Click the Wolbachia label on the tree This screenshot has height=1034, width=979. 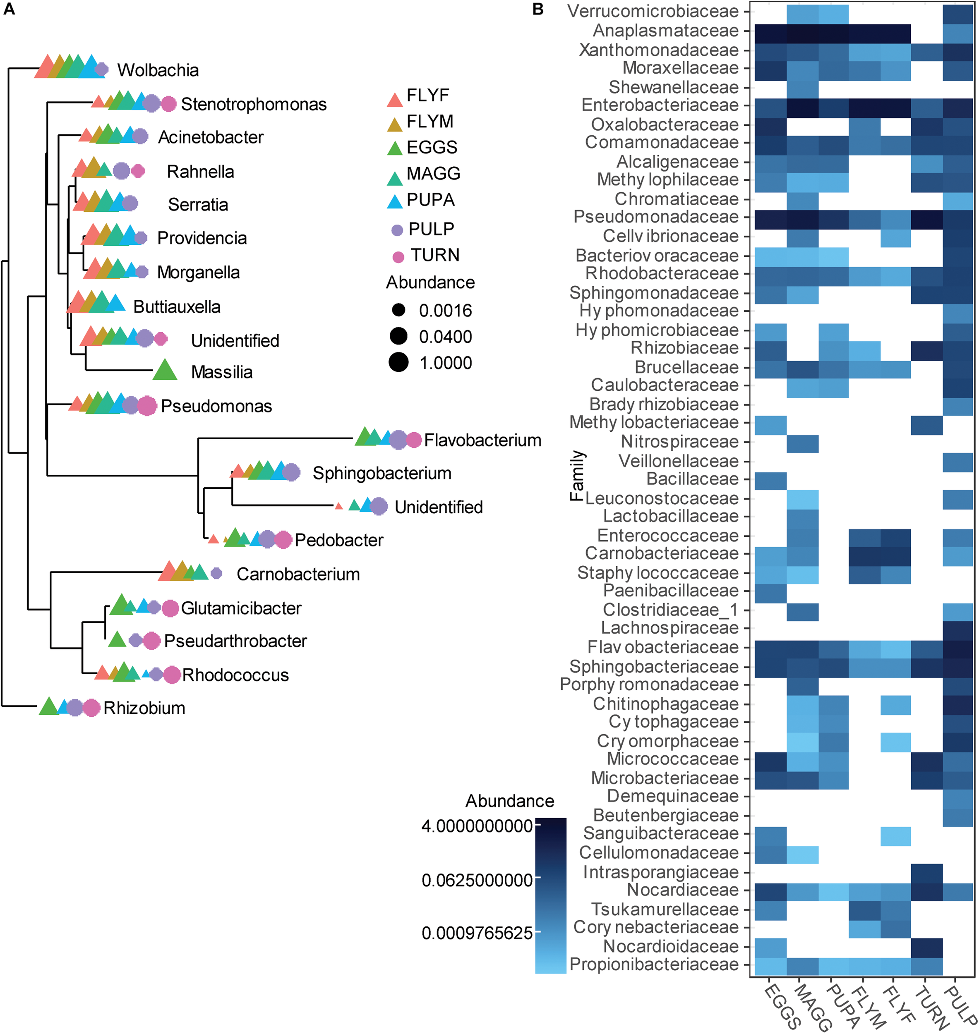[x=158, y=70]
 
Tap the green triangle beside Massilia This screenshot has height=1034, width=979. [x=165, y=371]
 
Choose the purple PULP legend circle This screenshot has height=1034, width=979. [x=397, y=230]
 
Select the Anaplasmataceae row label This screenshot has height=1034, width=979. [x=665, y=31]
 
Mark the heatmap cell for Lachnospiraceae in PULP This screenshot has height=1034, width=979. [x=958, y=629]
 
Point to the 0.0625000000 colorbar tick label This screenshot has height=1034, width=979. [x=477, y=880]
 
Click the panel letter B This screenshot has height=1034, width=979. [x=537, y=10]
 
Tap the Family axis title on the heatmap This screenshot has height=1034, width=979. [x=577, y=475]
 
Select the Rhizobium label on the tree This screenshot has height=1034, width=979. [x=144, y=708]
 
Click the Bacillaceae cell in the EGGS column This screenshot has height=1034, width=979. [x=771, y=479]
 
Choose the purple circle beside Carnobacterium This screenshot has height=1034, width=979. [x=216, y=573]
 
